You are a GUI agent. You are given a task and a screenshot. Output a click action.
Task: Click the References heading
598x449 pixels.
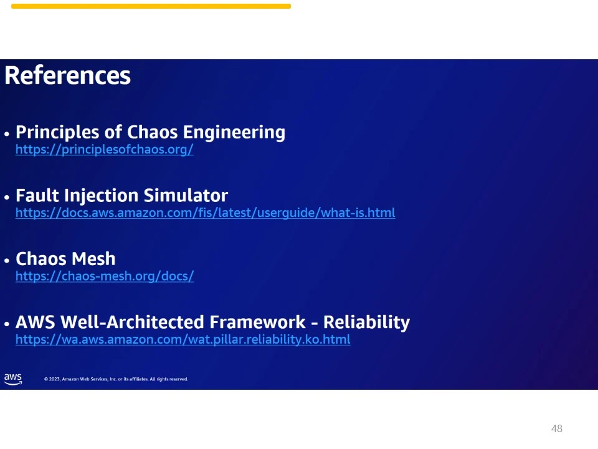tap(67, 75)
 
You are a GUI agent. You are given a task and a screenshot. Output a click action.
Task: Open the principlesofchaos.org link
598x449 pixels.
tap(105, 149)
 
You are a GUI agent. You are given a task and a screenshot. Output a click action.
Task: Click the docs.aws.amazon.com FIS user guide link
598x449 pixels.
tap(205, 213)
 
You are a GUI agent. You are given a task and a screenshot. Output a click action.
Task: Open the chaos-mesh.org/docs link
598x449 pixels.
tap(105, 276)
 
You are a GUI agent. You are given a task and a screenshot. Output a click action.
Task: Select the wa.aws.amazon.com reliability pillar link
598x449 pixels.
tap(183, 339)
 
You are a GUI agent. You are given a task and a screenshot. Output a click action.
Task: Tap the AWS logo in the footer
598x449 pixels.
tap(13, 379)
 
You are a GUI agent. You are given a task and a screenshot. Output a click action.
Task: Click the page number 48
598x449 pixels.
tap(557, 428)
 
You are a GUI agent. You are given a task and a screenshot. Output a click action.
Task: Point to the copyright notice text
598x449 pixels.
tap(116, 379)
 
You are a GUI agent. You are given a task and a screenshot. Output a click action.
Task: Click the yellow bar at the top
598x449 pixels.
tap(151, 6)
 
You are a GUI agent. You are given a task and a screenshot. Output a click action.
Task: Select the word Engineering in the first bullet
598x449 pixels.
tap(234, 133)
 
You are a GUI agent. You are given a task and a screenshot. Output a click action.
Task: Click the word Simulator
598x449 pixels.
tap(186, 195)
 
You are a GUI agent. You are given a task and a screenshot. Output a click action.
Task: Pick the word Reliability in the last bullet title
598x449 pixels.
tap(366, 322)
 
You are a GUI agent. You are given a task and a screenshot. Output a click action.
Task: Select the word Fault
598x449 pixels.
tap(37, 195)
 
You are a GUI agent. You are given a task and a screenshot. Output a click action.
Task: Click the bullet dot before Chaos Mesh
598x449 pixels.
tap(6, 261)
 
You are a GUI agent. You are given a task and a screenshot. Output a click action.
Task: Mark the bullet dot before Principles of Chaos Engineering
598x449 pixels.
tap(6, 134)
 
